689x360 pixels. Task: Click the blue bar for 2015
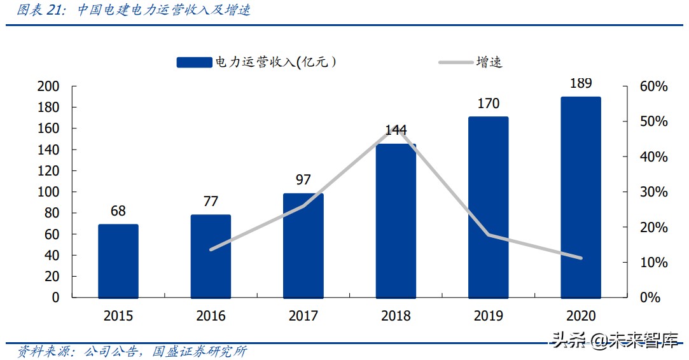coord(118,261)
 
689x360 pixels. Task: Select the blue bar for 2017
coord(303,246)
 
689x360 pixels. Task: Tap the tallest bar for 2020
coord(581,197)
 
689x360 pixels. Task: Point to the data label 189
coord(581,83)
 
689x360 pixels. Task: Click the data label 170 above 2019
coord(488,103)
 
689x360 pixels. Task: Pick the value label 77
coord(211,202)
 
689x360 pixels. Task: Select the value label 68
coord(118,211)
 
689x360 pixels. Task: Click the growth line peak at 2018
coord(396,130)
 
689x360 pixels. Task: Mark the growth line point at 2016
coord(211,249)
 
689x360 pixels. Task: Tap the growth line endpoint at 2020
coord(581,258)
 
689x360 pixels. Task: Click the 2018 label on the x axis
coord(396,315)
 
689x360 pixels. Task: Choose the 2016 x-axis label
coord(211,315)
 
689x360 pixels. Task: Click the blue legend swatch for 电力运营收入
coord(194,62)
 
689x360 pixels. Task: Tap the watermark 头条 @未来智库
coord(615,341)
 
